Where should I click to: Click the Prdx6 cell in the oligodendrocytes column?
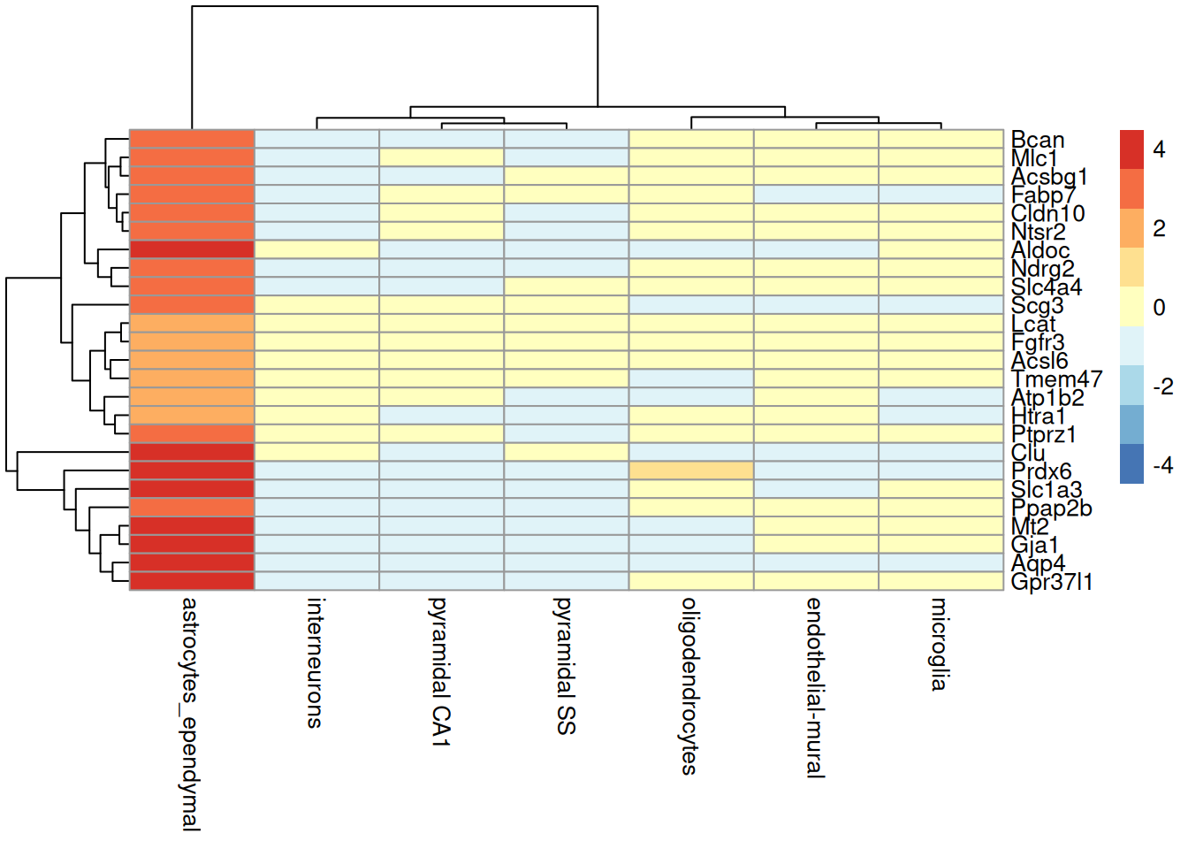coord(691,470)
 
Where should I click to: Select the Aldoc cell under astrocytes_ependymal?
coord(192,249)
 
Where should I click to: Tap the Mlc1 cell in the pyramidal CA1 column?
coord(441,157)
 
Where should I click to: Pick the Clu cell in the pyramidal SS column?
coord(567,452)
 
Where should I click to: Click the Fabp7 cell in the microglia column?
coord(940,195)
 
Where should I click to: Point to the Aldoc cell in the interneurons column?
coord(316,249)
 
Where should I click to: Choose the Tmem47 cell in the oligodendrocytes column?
coord(691,379)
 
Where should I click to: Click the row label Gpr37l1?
coord(1052,582)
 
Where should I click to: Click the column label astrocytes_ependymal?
coord(190,714)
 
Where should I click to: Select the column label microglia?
coord(939,644)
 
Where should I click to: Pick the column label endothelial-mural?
coord(814,688)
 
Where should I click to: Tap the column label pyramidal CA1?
coord(440,672)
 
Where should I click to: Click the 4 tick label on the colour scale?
coord(1159,149)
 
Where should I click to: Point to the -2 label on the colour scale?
coord(1162,387)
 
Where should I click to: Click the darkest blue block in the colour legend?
coord(1131,463)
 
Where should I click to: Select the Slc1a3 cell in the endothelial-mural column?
coord(816,489)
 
